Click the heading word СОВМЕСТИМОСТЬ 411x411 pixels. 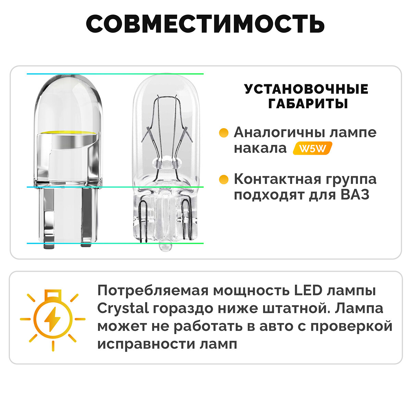(x=205, y=24)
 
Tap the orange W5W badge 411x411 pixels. (x=312, y=149)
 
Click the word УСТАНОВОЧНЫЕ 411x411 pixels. (x=307, y=89)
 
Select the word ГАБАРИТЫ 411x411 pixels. (x=308, y=103)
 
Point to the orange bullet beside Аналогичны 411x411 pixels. (x=224, y=133)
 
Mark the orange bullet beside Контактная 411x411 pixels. (x=224, y=179)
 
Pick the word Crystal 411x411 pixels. (x=123, y=309)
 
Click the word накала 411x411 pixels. (x=260, y=148)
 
